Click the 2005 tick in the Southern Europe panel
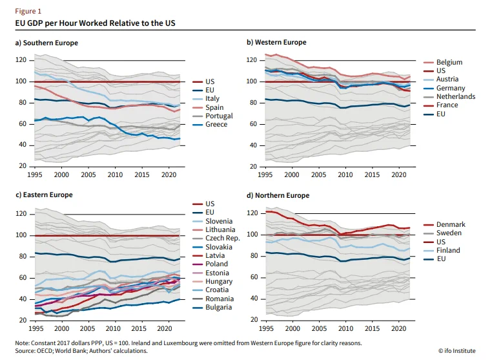88,175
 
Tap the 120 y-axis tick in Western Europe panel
251,60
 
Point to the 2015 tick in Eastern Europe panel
139,328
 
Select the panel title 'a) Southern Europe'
46,43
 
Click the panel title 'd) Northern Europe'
278,195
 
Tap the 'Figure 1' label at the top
28,11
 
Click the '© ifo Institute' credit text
457,350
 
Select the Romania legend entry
220,299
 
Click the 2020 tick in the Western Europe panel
398,175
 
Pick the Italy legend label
212,99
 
